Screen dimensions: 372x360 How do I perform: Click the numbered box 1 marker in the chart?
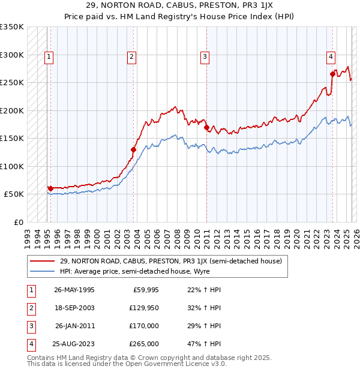(49, 58)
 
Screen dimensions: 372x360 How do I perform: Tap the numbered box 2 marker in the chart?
(131, 58)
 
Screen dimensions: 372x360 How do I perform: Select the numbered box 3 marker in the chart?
(205, 58)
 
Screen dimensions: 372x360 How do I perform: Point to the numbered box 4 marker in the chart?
(331, 58)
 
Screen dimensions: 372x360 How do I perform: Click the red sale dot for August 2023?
(332, 74)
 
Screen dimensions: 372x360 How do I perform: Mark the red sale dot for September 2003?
(134, 149)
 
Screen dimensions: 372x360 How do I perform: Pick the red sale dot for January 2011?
(206, 127)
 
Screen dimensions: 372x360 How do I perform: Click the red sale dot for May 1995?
(50, 188)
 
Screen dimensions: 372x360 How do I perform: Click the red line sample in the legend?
(43, 261)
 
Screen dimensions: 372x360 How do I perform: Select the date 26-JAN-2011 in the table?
(74, 326)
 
